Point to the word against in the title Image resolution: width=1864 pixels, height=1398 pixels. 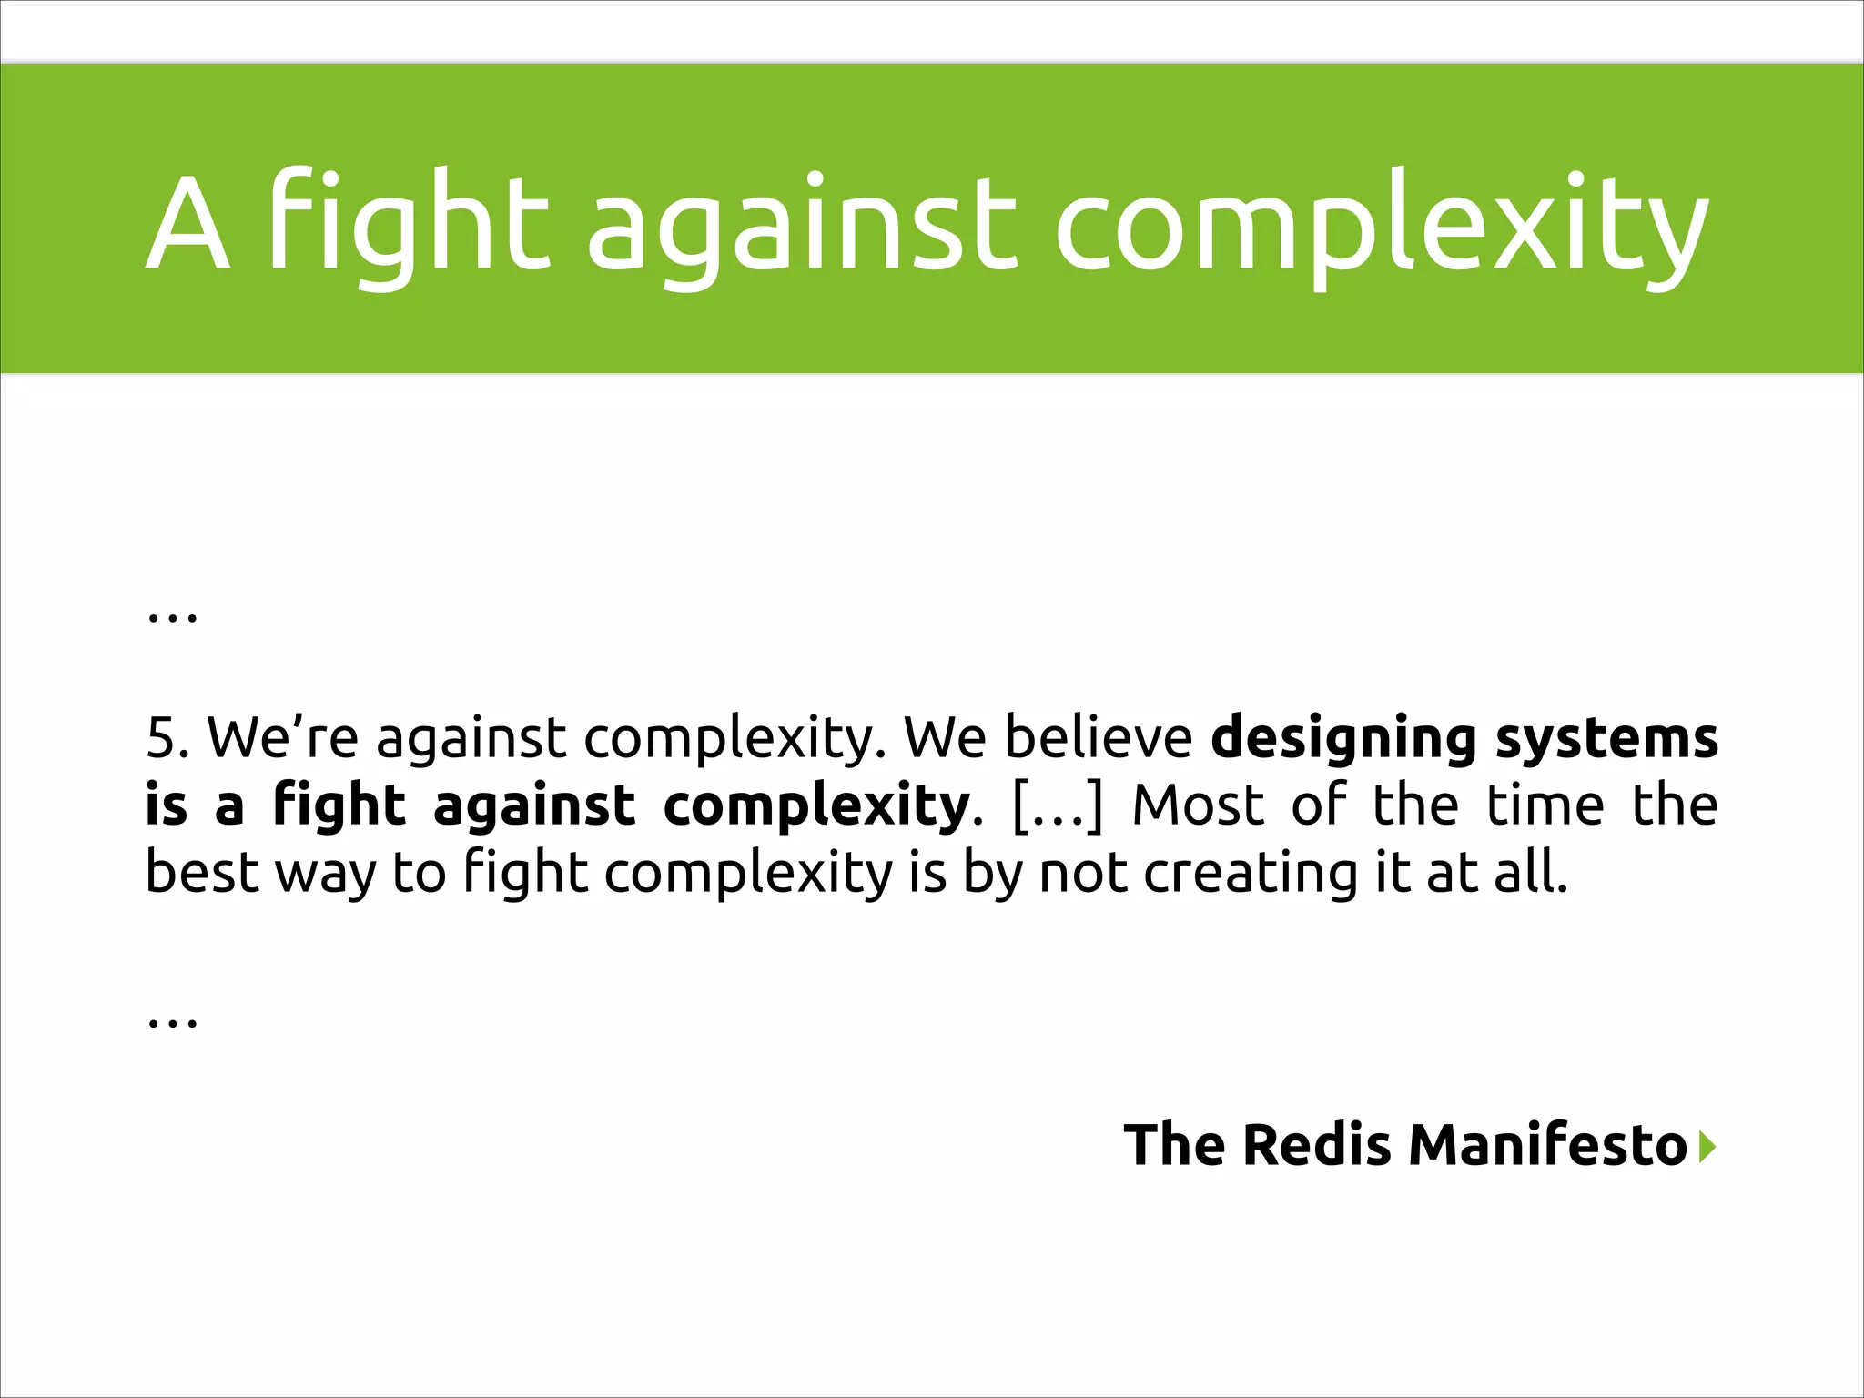[802, 228]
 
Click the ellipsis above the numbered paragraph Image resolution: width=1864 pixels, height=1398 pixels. [172, 617]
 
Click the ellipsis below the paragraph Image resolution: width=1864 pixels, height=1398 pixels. [172, 1022]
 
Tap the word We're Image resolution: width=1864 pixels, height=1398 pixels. [283, 737]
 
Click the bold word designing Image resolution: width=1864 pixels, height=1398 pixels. [1343, 739]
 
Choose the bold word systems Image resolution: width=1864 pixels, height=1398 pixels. [1607, 739]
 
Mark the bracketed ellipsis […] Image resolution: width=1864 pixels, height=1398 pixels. [1057, 806]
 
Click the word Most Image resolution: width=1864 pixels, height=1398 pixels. [1198, 805]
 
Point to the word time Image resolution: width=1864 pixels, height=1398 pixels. [1545, 805]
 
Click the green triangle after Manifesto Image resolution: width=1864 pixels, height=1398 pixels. [1707, 1146]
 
